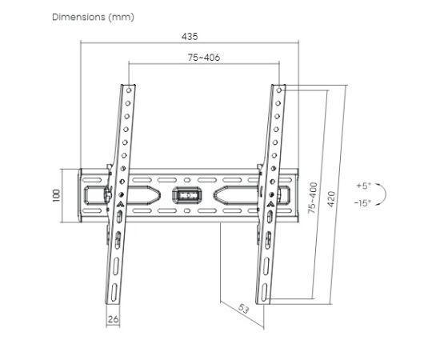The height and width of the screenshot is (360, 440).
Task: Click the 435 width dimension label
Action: point(190,37)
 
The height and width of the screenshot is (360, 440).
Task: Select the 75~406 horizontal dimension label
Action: point(204,58)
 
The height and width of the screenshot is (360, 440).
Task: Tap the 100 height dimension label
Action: point(56,195)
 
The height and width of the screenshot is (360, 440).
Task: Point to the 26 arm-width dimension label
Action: point(113,319)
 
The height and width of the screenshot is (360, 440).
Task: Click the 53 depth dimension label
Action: point(243,309)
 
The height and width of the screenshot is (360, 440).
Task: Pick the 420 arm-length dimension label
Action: point(331,199)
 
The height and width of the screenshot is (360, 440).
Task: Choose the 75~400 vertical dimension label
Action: point(313,198)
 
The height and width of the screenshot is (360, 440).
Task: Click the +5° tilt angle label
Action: point(364,186)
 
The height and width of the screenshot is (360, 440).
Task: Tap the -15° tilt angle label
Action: point(362,202)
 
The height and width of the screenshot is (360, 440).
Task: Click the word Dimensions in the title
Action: point(78,17)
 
